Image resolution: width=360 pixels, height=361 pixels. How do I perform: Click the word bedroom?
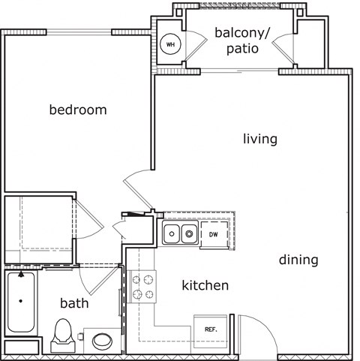tap(78, 110)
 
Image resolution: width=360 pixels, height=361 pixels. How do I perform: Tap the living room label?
tap(260, 139)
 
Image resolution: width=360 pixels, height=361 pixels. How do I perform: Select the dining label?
tap(298, 260)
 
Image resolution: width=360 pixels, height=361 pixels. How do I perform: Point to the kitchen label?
tap(205, 285)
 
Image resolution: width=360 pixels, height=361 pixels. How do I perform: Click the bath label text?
tap(74, 303)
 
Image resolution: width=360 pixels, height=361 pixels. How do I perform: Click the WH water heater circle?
tap(170, 44)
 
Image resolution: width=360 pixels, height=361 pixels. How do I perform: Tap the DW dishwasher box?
tap(214, 235)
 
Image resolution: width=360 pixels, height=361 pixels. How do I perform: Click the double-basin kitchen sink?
tap(180, 235)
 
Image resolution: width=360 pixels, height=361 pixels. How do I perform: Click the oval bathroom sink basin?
tap(101, 341)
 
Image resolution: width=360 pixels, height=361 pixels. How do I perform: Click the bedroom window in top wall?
tap(79, 32)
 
